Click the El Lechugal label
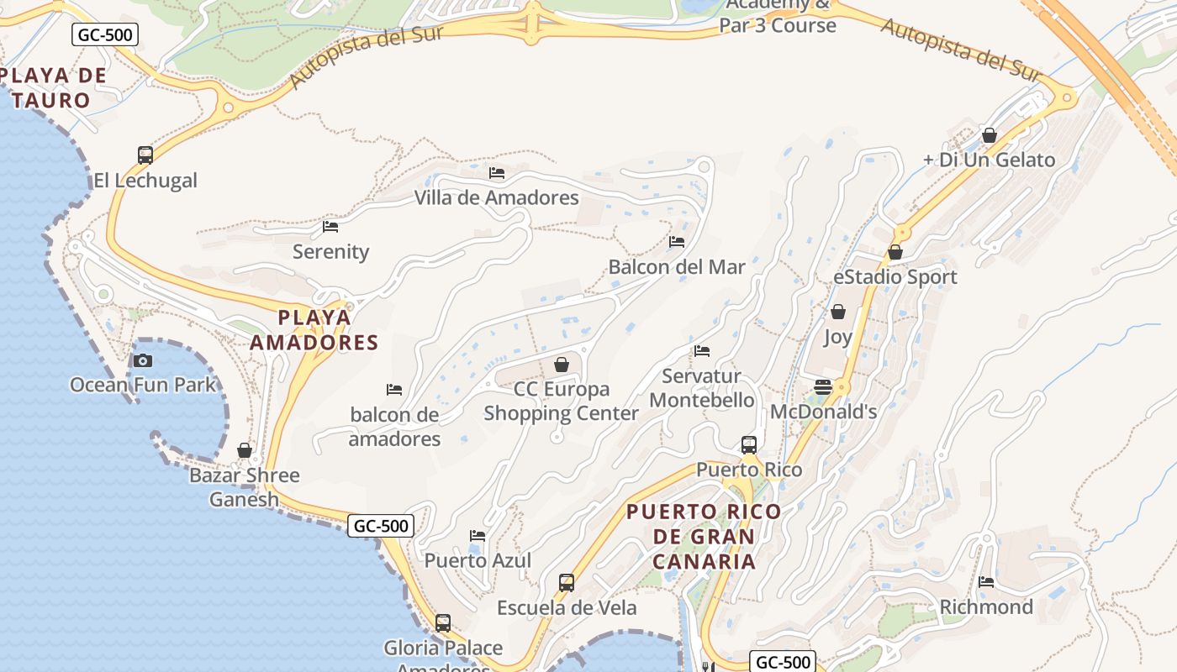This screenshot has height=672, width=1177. point(145,181)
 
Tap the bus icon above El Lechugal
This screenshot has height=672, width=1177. point(145,155)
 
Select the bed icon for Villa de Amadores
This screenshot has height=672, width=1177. point(497,173)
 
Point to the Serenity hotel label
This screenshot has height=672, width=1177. point(330,252)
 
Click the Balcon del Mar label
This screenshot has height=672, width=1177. point(677,267)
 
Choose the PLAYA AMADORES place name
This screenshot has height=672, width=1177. point(314,330)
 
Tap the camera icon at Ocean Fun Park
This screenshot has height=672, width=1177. point(143,361)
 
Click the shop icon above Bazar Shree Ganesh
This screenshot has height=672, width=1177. point(245,451)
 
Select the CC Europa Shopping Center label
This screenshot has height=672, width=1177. point(561,402)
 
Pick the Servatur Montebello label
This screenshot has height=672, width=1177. point(702,388)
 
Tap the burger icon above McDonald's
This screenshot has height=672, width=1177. point(823,387)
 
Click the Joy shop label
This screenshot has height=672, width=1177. point(837,337)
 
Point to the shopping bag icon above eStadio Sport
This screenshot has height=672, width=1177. point(895,252)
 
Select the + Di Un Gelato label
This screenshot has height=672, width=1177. point(989,160)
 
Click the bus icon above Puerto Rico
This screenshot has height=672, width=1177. point(749,445)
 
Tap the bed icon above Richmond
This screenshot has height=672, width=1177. point(986,581)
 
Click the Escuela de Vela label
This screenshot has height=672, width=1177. point(567,607)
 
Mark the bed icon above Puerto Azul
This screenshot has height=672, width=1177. point(478,536)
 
